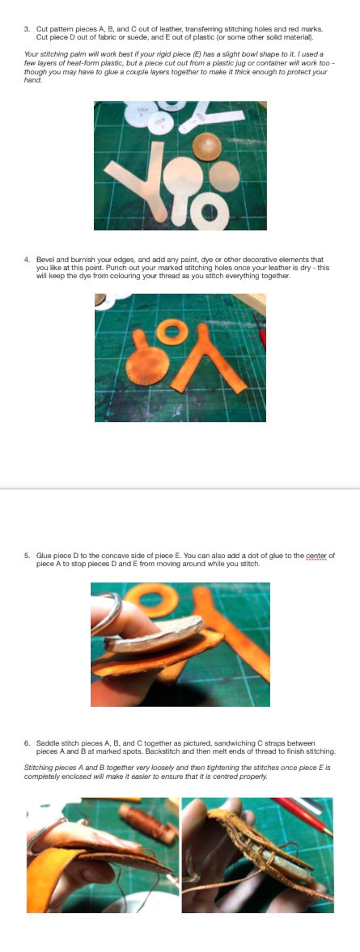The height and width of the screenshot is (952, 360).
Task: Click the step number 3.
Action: (x=26, y=29)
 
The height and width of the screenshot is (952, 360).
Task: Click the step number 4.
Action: (x=26, y=260)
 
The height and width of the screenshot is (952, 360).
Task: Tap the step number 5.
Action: (x=26, y=556)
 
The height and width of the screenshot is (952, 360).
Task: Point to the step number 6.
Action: (x=26, y=743)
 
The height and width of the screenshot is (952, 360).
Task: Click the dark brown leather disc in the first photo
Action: (x=207, y=147)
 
